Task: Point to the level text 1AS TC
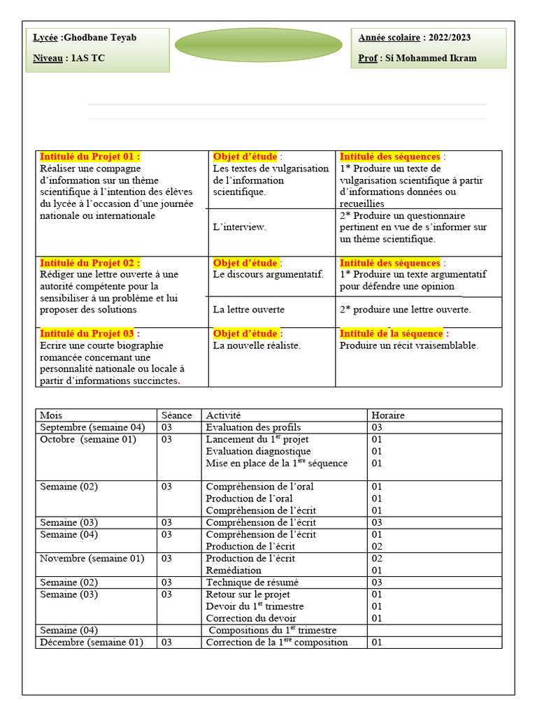click(x=88, y=58)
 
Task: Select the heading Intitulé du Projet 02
click(x=89, y=263)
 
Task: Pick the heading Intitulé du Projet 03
click(x=89, y=334)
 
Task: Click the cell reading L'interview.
click(x=240, y=227)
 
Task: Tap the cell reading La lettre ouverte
click(x=249, y=309)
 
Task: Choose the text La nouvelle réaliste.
click(x=257, y=345)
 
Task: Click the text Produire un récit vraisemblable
click(x=408, y=345)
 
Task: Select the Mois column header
click(x=51, y=415)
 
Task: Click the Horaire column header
click(x=388, y=415)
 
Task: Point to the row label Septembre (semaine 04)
click(x=92, y=427)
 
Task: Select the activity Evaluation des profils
click(x=253, y=427)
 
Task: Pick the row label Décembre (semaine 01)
click(x=91, y=642)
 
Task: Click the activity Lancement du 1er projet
click(x=257, y=439)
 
